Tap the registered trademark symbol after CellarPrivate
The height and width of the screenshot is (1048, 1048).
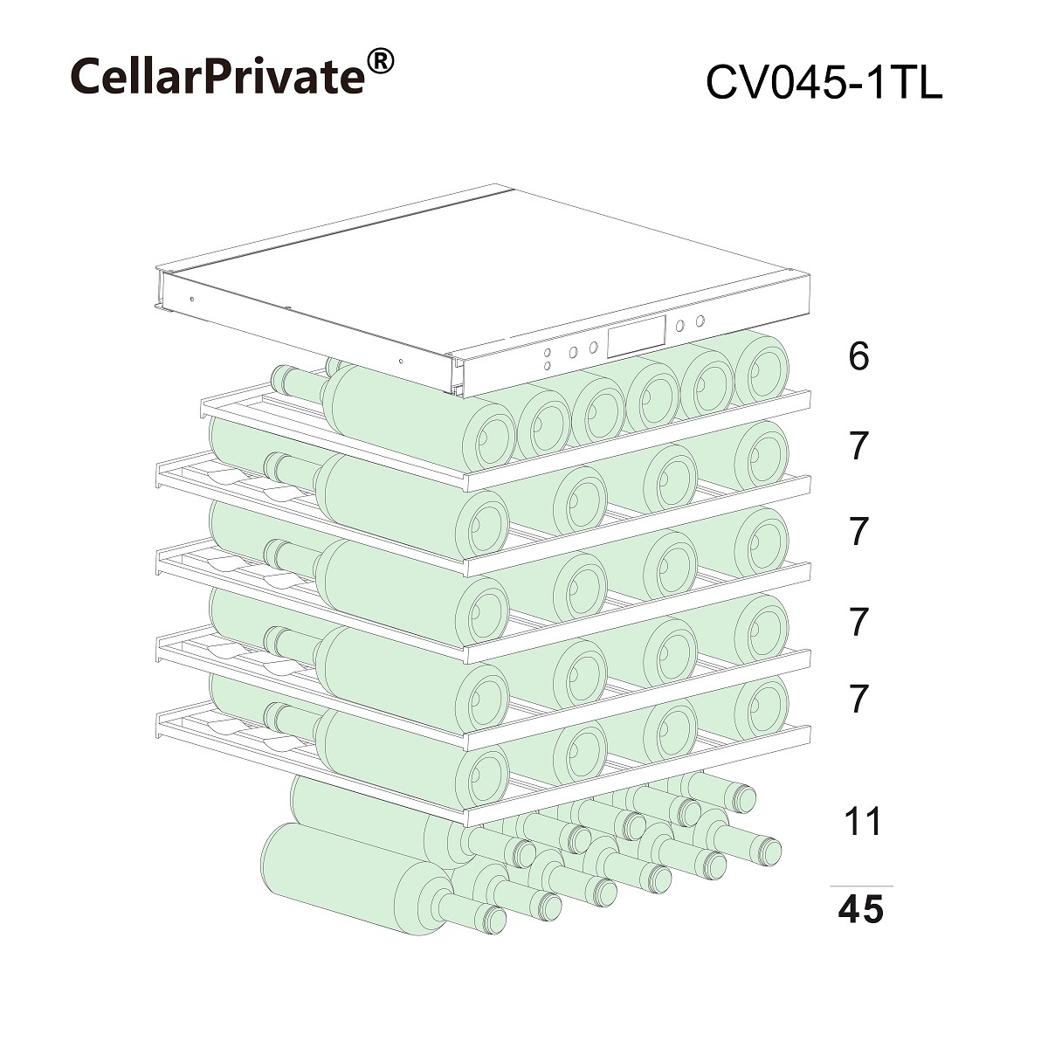(x=380, y=61)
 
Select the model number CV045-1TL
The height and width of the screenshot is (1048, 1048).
(x=823, y=85)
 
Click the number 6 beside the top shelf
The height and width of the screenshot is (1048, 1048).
(x=858, y=356)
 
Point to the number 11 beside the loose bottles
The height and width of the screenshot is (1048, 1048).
(x=862, y=822)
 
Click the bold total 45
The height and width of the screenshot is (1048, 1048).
(x=860, y=911)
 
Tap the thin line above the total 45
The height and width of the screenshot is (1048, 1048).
(x=860, y=886)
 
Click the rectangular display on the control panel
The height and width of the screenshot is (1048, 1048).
(x=635, y=337)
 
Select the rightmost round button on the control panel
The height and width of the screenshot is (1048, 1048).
(x=699, y=321)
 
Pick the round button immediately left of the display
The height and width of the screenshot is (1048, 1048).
(x=593, y=348)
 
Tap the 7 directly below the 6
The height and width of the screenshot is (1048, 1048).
(x=859, y=446)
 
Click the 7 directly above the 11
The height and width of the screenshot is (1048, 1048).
(x=859, y=699)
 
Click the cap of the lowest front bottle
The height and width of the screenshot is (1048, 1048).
(x=493, y=919)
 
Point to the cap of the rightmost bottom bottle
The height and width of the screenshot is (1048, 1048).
(x=768, y=849)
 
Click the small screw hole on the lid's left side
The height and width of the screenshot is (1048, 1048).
(x=190, y=299)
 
